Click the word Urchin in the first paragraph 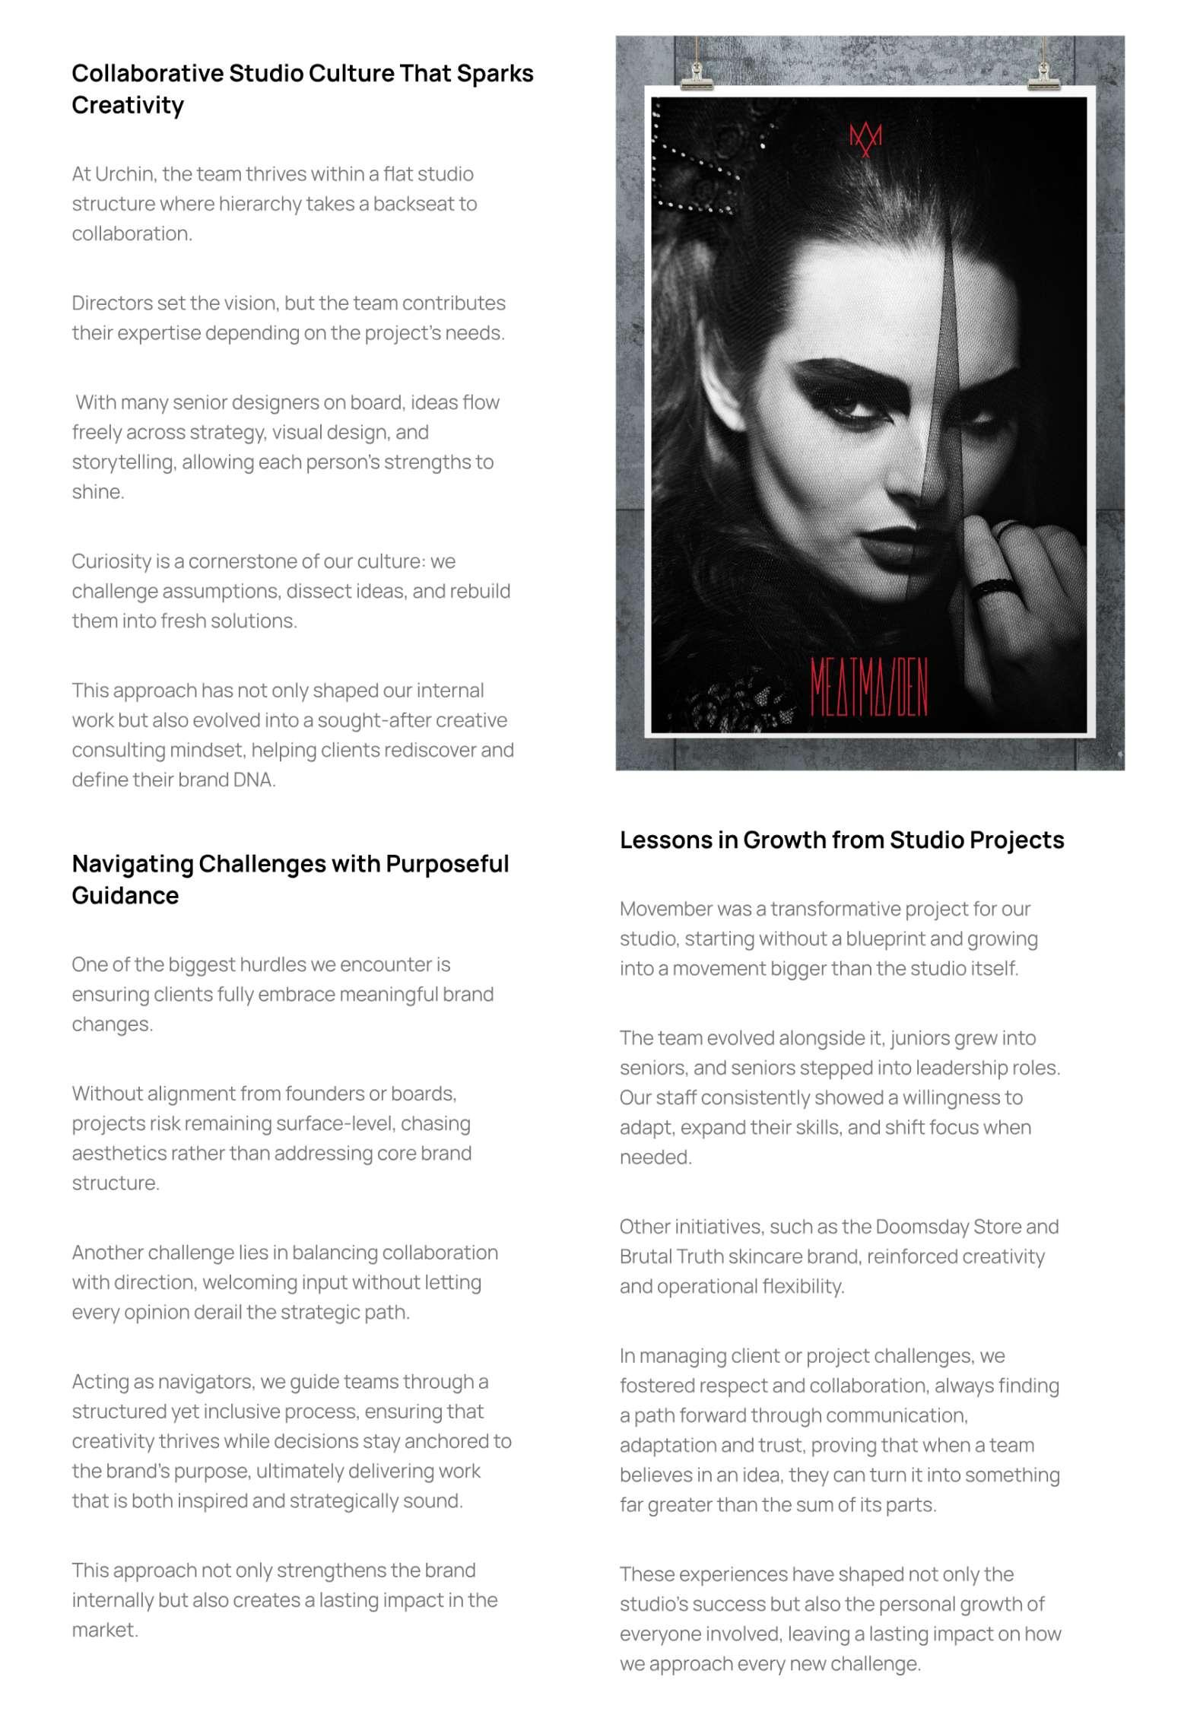[x=124, y=174]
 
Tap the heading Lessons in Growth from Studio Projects [x=841, y=840]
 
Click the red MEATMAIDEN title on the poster [x=868, y=688]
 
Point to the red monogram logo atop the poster [x=865, y=139]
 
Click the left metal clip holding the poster [x=697, y=75]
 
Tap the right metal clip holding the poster [x=1044, y=75]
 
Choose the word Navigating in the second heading [x=132, y=864]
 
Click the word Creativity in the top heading [x=128, y=105]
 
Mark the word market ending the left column [x=104, y=1631]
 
